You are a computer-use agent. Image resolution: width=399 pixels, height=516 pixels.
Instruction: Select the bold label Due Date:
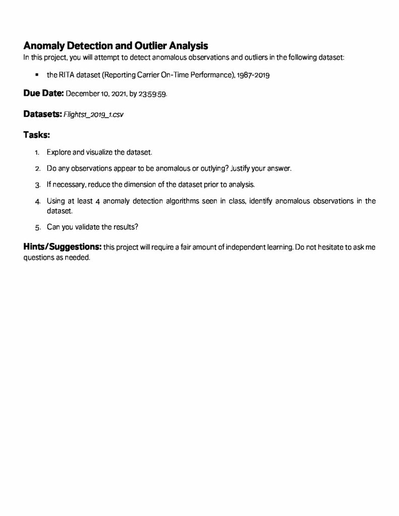[x=43, y=94]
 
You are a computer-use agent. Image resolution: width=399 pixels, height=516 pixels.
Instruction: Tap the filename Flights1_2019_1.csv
[x=93, y=114]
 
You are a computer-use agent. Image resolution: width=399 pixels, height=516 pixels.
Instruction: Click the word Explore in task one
[x=59, y=152]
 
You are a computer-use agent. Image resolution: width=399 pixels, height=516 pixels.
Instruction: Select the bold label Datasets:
[x=42, y=114]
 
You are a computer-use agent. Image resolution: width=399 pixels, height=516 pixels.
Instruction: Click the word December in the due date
[x=82, y=94]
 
